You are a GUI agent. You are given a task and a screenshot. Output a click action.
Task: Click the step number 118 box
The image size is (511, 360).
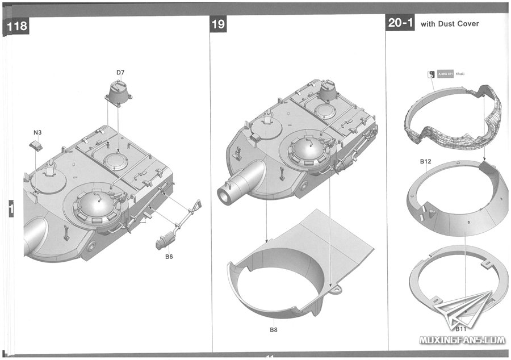pyautogui.click(x=16, y=27)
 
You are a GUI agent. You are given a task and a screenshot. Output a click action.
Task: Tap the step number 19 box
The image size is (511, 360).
pyautogui.click(x=219, y=24)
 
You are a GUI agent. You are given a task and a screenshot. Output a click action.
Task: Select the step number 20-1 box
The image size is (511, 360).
pyautogui.click(x=400, y=23)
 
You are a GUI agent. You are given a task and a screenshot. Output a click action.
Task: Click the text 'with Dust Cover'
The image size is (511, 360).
pyautogui.click(x=450, y=24)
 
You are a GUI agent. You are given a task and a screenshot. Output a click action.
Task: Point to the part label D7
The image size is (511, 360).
pyautogui.click(x=120, y=72)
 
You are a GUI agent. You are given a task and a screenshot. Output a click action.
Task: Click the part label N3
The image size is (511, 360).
pyautogui.click(x=37, y=132)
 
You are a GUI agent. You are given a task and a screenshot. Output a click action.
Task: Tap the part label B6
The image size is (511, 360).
pyautogui.click(x=169, y=257)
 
